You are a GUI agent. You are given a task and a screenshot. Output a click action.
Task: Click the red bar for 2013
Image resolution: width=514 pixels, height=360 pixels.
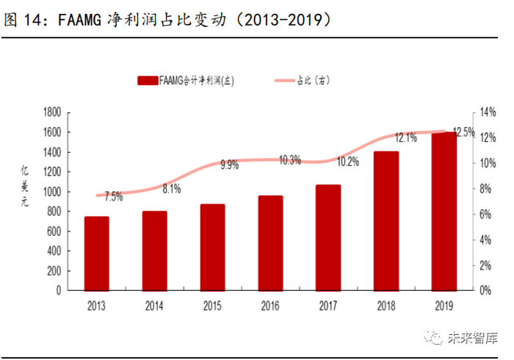[x=96, y=253]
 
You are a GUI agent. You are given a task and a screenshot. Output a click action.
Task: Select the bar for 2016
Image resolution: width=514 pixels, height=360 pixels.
[x=270, y=243]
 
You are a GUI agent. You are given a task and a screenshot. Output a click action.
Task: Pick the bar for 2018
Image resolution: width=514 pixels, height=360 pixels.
[x=386, y=221]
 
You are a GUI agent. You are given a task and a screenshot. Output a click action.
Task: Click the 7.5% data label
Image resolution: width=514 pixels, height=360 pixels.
[x=114, y=196]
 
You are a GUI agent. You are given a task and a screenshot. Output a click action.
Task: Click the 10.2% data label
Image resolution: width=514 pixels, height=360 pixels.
[x=348, y=162]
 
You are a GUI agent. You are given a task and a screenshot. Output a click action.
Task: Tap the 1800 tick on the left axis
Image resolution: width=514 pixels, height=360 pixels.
[x=51, y=112]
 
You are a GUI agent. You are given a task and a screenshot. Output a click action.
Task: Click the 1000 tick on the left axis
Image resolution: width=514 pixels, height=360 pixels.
[x=51, y=192]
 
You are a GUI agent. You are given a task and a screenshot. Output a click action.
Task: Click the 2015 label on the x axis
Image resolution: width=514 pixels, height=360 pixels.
[x=212, y=304]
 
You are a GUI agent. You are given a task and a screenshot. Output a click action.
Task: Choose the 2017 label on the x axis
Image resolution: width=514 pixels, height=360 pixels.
[x=328, y=304]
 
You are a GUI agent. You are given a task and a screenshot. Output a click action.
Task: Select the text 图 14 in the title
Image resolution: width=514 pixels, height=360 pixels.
[x=21, y=20]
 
